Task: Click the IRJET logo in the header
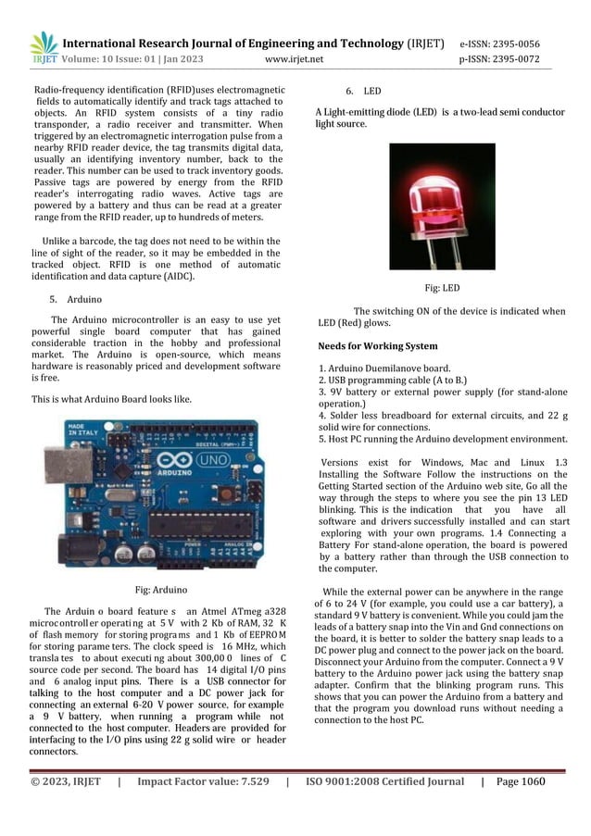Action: coord(44,48)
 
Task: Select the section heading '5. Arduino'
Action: coord(75,300)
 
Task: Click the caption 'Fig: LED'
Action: coord(440,288)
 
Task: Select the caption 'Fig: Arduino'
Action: coord(162,589)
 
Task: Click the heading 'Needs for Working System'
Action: coord(377,346)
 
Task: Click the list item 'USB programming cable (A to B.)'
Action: coord(393,381)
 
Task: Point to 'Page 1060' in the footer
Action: coord(522,781)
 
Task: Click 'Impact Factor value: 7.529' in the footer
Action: coord(203,781)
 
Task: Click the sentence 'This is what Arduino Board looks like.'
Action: coord(112,399)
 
